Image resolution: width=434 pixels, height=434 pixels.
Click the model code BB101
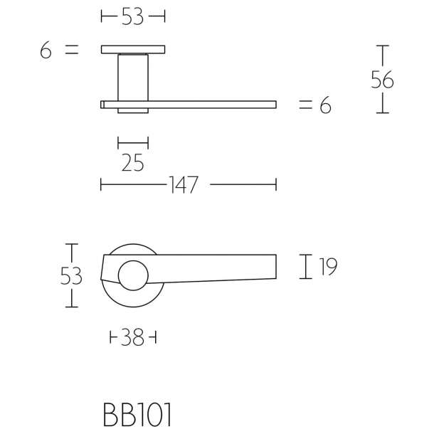click(137, 416)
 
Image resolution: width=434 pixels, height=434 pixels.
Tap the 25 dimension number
click(133, 163)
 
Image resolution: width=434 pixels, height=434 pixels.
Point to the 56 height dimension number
click(383, 80)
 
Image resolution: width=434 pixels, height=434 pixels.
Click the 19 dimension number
click(327, 267)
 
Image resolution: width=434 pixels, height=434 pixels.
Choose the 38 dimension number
click(133, 338)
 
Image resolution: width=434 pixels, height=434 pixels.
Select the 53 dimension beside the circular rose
click(70, 276)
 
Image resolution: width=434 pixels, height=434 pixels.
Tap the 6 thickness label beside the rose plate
click(46, 51)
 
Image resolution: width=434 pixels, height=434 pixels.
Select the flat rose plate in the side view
click(133, 50)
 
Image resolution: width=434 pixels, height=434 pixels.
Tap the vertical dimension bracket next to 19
click(306, 267)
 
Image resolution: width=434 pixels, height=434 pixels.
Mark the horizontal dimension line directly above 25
click(133, 142)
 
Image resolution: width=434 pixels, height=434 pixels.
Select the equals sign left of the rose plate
click(70, 51)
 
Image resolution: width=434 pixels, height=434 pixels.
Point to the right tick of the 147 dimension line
click(276, 186)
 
